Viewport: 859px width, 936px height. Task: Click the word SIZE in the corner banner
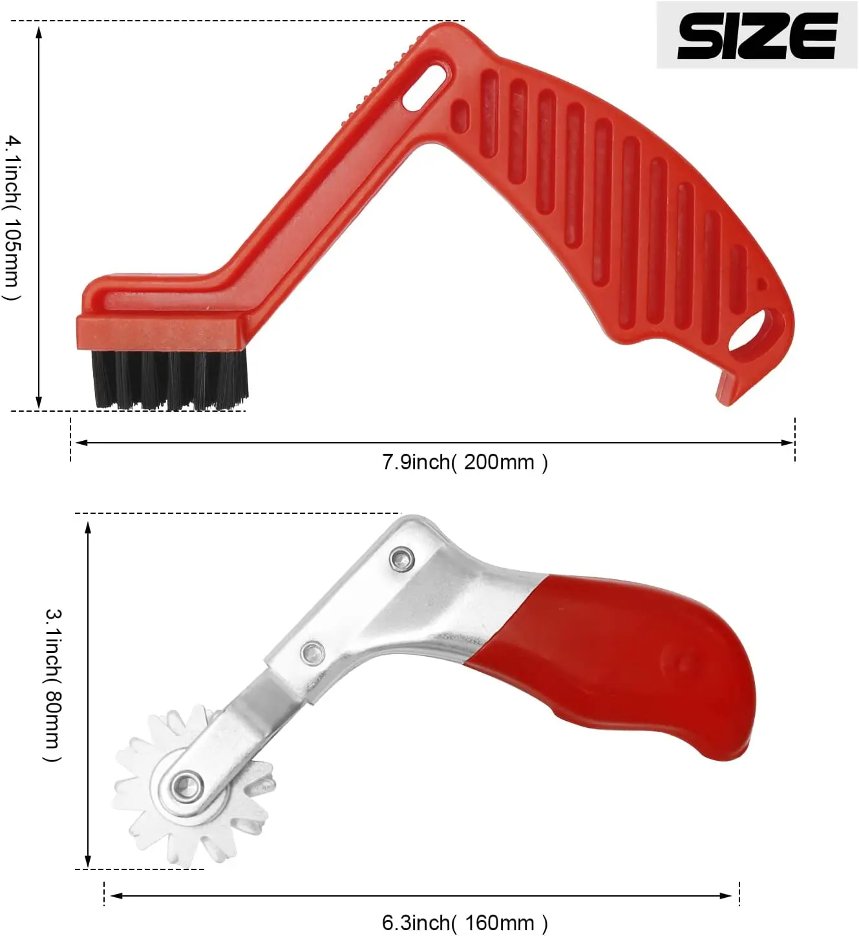[757, 36]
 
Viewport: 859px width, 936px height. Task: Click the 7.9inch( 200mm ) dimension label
[465, 462]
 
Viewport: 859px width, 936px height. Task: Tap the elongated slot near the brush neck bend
[425, 89]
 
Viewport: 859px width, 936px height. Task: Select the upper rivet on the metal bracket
[402, 559]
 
